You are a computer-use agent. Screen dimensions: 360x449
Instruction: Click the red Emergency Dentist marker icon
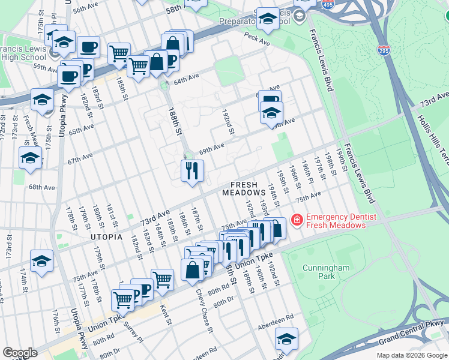[296, 221]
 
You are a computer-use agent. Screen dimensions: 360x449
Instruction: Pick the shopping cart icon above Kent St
[162, 279]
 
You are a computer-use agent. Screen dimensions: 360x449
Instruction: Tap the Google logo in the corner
[20, 353]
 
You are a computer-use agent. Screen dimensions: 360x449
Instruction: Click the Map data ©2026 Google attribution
[412, 355]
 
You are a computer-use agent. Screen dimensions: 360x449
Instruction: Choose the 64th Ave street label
[186, 79]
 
